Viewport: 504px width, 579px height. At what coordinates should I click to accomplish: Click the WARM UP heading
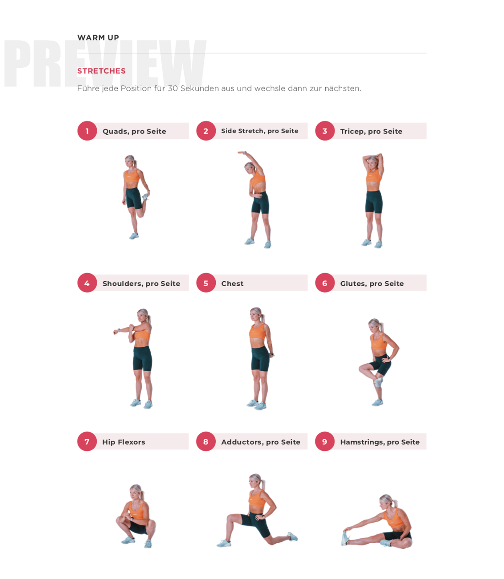click(98, 38)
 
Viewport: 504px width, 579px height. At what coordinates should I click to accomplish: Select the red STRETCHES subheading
click(101, 71)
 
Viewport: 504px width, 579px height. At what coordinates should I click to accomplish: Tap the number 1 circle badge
click(87, 131)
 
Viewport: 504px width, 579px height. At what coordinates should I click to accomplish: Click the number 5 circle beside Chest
click(206, 283)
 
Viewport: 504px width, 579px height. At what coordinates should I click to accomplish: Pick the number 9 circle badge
click(324, 442)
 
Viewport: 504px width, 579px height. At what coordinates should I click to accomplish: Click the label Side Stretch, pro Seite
click(259, 131)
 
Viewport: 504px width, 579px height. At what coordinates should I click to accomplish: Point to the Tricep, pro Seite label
click(371, 131)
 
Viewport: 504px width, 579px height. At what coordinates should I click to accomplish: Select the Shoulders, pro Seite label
click(141, 284)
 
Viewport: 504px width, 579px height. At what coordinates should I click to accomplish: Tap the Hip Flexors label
click(124, 442)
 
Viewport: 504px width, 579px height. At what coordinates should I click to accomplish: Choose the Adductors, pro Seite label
click(261, 442)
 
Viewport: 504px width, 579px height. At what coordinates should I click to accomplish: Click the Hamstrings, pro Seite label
click(379, 442)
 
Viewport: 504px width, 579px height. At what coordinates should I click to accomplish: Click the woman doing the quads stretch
click(134, 197)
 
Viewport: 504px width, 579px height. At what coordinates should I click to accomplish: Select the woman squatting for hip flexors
click(136, 517)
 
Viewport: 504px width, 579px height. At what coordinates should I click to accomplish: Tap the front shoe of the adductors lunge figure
click(224, 543)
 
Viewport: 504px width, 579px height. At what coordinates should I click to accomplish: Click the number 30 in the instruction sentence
click(173, 88)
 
